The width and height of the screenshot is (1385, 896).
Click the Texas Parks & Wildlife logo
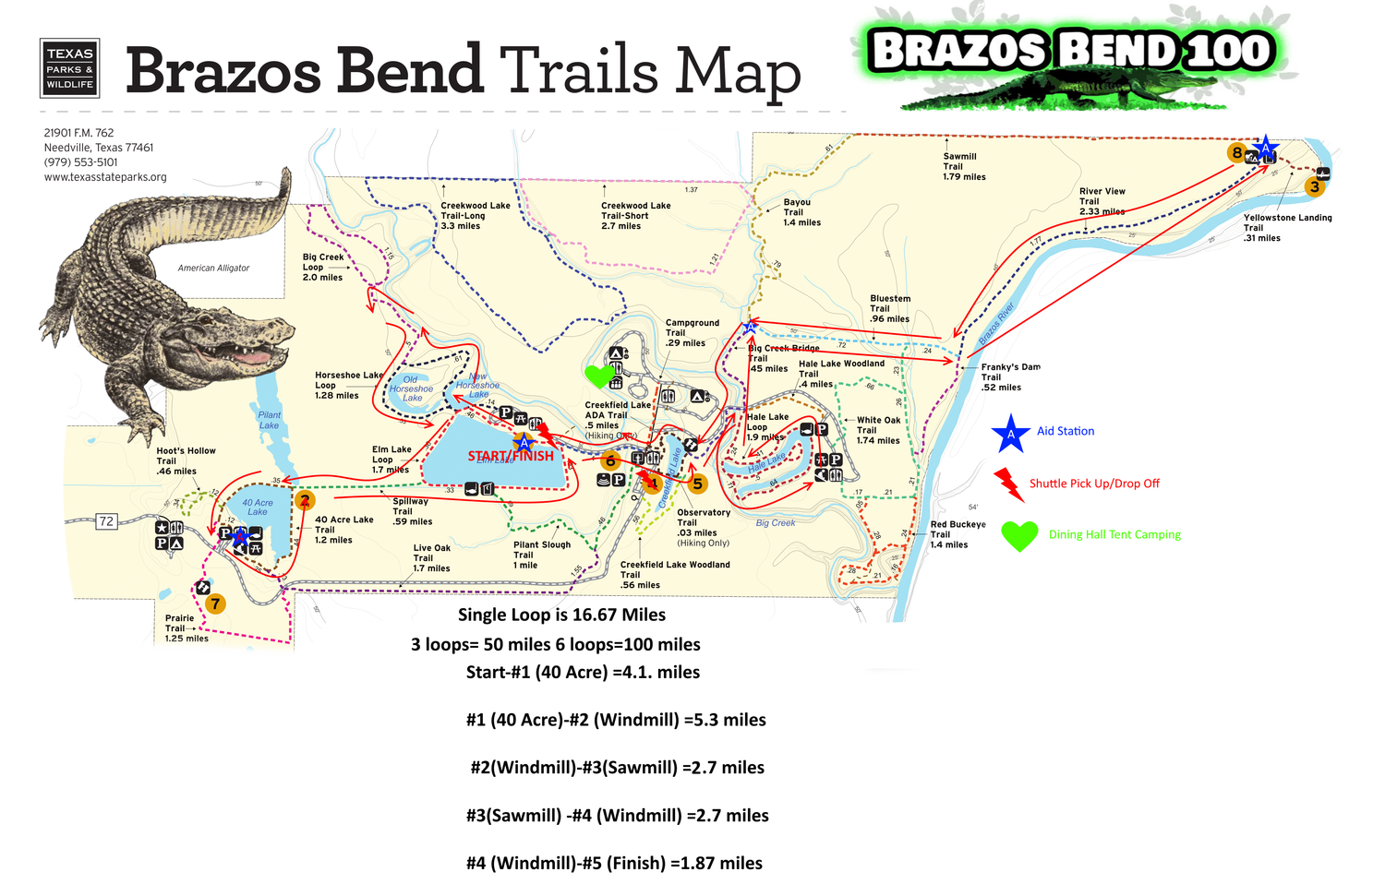coord(69,68)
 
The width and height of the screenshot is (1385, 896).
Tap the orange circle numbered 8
coord(1236,153)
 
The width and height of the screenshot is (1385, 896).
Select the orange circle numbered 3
coord(1314,186)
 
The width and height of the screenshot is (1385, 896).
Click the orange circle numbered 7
coord(215,604)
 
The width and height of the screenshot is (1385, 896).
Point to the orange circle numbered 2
coord(305,501)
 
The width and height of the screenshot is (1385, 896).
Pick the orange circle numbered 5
coord(697,484)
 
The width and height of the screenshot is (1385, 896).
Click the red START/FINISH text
coord(511,456)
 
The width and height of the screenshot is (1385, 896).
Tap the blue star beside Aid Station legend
coord(1010,433)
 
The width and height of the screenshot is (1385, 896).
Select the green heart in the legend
coord(1019,535)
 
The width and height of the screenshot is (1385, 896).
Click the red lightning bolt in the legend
coord(1008,484)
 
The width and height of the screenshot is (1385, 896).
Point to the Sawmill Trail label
coord(964,166)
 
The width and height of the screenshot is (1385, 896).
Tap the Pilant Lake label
coord(269,420)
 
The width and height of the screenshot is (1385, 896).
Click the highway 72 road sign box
coord(106,521)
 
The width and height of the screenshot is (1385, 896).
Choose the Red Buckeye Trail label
coord(957,534)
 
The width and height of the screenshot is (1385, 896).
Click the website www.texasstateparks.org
coord(105,177)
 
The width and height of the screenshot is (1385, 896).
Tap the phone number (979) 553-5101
coord(81,162)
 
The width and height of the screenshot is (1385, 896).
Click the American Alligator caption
coord(213,268)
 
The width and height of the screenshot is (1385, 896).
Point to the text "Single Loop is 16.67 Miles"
coord(561,615)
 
